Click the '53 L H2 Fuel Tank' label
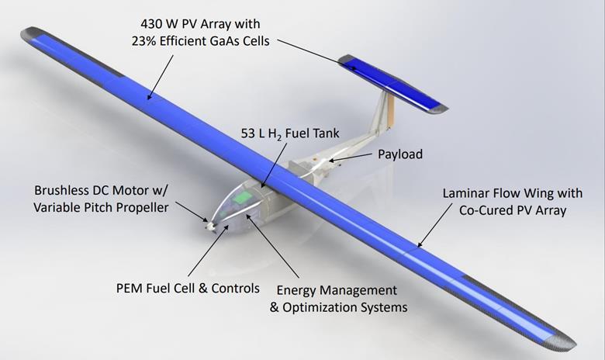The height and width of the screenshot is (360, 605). (x=290, y=134)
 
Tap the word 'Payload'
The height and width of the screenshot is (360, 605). (x=400, y=154)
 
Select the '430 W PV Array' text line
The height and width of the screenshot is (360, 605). (x=200, y=24)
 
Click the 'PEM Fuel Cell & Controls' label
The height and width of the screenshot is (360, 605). (x=188, y=288)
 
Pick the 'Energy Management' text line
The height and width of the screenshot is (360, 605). (x=337, y=290)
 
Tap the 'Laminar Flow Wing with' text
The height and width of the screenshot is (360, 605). (x=513, y=193)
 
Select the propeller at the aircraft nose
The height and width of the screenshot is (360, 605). (x=210, y=224)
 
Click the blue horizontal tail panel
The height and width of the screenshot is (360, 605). (x=392, y=84)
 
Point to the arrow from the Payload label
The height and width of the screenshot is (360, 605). (x=351, y=157)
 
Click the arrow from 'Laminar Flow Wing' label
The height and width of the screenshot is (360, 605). (x=435, y=225)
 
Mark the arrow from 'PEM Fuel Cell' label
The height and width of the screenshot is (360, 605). (x=206, y=251)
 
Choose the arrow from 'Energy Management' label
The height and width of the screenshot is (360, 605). (x=273, y=247)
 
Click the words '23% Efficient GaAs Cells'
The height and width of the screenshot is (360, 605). (x=200, y=41)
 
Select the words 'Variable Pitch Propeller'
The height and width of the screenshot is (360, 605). (x=101, y=208)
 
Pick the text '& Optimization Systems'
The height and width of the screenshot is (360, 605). (x=338, y=307)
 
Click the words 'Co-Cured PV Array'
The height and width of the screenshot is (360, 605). (x=513, y=210)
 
